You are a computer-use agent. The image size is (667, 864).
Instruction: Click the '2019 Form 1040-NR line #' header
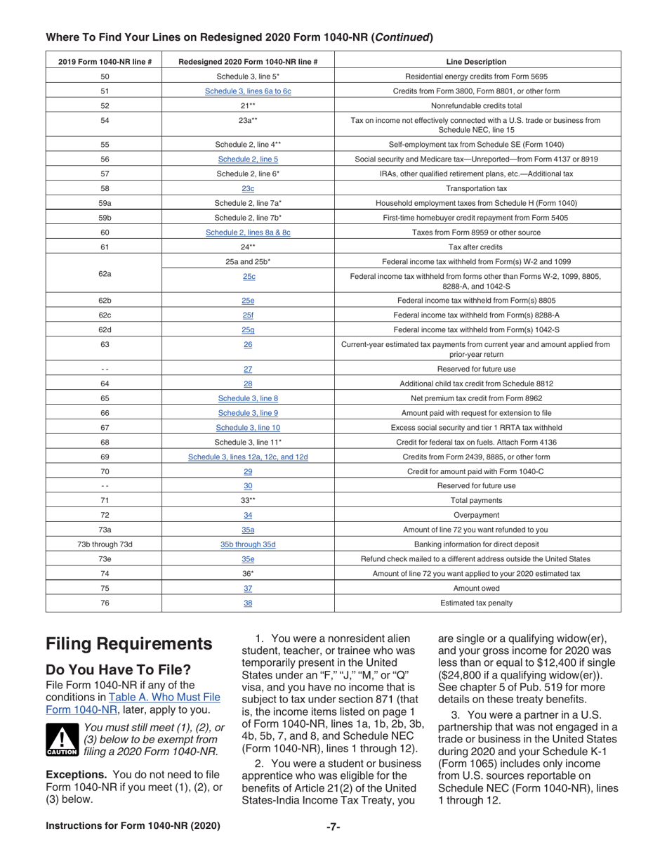[x=104, y=62]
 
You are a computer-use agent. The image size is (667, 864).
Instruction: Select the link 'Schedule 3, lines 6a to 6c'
[x=248, y=91]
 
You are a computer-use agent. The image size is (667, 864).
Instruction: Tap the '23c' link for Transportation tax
[x=248, y=188]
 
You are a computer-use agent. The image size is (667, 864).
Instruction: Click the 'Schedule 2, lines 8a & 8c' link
[x=248, y=232]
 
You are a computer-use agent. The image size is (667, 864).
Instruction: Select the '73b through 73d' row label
[x=104, y=544]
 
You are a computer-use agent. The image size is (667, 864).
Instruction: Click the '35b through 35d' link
[x=248, y=544]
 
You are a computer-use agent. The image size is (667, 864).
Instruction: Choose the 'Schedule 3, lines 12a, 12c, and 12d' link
[x=248, y=457]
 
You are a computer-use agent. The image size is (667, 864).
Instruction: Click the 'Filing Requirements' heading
[x=128, y=644]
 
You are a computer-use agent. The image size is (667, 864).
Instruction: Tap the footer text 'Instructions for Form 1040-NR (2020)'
[x=133, y=826]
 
